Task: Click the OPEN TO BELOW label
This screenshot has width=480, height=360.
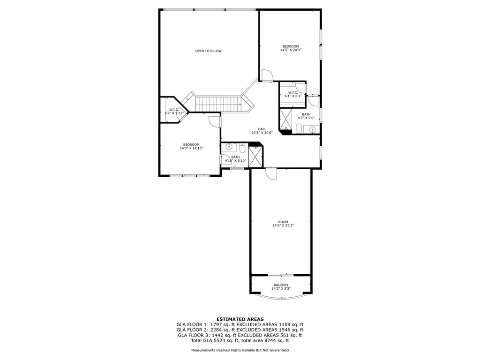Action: [208, 51]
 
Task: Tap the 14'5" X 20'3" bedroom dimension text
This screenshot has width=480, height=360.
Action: [291, 50]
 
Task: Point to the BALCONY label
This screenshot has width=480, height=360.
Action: [281, 285]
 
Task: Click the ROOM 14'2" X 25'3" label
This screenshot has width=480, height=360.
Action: [283, 224]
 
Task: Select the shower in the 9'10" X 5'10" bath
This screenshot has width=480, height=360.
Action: [256, 156]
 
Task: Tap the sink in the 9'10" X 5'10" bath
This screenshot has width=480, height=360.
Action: [229, 147]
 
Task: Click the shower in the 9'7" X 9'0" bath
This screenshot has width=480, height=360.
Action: [286, 120]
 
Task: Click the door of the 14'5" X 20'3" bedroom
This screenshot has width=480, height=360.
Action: [267, 75]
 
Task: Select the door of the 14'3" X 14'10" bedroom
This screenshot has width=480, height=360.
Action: [215, 120]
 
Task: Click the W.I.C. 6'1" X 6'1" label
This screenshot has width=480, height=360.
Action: [293, 94]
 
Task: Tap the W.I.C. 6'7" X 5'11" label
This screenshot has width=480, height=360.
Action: [174, 112]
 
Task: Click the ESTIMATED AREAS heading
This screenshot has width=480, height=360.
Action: [240, 319]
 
